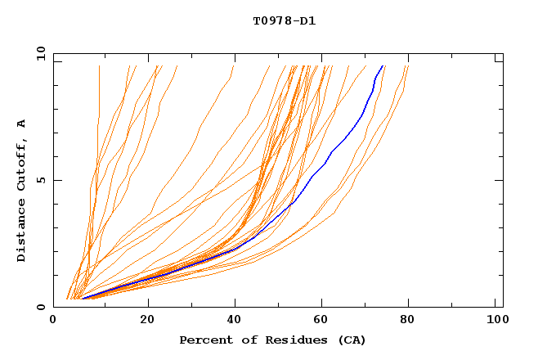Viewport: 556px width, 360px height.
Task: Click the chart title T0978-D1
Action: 285,20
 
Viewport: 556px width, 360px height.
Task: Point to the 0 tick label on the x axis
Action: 53,321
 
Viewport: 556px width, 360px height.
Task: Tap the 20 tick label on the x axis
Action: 147,321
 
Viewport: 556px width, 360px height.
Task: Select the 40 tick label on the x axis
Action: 235,321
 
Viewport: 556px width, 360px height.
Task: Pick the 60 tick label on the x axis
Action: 324,321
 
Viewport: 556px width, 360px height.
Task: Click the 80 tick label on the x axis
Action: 412,321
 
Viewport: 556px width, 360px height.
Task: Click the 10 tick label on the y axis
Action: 40,53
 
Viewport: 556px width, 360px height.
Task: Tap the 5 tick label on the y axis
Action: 40,180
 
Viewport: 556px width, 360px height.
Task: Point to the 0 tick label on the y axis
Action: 40,307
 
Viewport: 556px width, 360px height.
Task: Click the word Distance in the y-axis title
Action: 22,229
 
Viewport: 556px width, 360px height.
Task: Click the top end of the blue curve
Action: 382,66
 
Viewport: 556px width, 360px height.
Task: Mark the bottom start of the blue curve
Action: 83,299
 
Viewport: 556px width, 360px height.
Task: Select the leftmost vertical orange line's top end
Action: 99,66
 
